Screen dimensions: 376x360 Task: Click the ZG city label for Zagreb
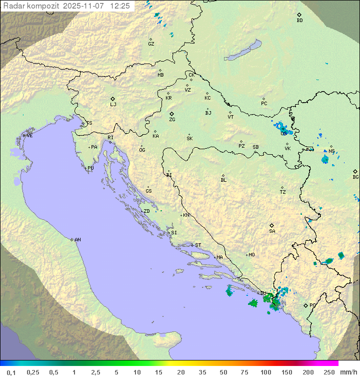pyautogui.click(x=172, y=120)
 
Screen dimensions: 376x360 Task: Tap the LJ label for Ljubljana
pyautogui.click(x=113, y=105)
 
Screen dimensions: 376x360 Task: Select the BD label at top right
pyautogui.click(x=299, y=21)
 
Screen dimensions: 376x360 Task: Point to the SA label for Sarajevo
pyautogui.click(x=272, y=231)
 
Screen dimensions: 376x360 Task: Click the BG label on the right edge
pyautogui.click(x=355, y=177)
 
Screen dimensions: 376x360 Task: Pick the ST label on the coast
pyautogui.click(x=198, y=245)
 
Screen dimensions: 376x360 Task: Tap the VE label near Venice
pyautogui.click(x=29, y=136)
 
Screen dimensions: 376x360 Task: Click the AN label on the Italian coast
pyautogui.click(x=77, y=240)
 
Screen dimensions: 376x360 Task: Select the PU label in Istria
pyautogui.click(x=90, y=168)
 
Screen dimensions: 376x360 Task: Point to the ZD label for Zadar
pyautogui.click(x=146, y=211)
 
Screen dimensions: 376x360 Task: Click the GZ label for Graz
pyautogui.click(x=151, y=44)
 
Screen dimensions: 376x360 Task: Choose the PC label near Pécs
pyautogui.click(x=264, y=104)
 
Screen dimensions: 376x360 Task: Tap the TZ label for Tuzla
pyautogui.click(x=283, y=192)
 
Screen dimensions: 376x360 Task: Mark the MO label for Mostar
pyautogui.click(x=251, y=255)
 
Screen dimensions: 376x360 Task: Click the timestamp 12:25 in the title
pyautogui.click(x=120, y=6)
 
